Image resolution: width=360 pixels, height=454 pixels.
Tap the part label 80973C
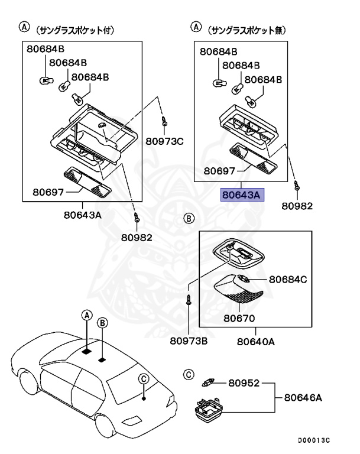164,141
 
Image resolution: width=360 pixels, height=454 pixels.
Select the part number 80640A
256,342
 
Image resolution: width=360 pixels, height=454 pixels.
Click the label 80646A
303,397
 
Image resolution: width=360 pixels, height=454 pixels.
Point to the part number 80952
244,383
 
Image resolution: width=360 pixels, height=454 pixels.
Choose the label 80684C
288,280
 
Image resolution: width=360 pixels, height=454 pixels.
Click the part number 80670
239,318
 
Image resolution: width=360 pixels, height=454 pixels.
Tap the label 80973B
189,341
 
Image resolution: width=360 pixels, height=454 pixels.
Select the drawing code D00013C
314,440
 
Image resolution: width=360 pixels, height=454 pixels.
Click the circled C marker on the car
144,379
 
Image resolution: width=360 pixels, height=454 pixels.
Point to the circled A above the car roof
87,315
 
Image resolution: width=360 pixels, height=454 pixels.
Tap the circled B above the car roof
102,323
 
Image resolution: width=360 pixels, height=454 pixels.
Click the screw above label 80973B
189,299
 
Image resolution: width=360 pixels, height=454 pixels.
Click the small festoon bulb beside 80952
208,383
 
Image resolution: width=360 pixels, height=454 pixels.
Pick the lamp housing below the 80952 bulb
209,410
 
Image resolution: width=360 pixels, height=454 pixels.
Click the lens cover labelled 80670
238,289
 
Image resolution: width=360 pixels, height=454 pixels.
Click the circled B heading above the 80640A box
189,218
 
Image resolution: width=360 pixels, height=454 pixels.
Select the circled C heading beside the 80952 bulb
189,375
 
